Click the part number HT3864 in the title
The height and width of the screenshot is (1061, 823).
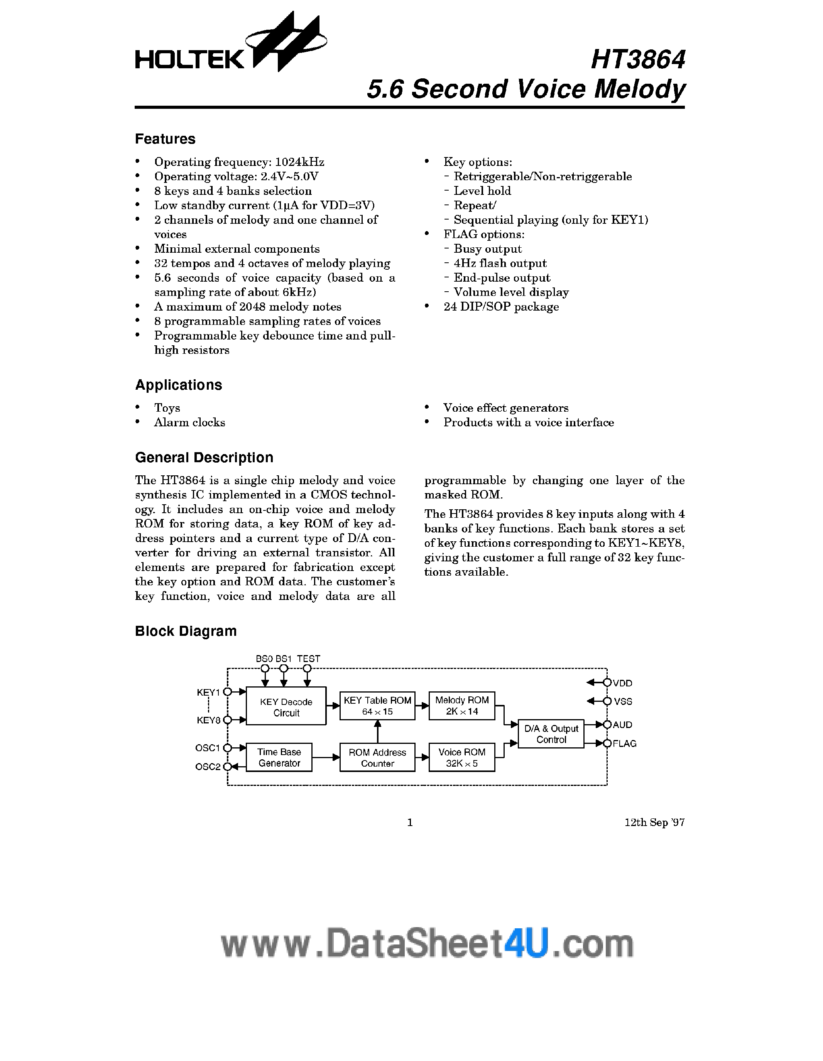click(x=637, y=60)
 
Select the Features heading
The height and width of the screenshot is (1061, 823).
click(x=165, y=139)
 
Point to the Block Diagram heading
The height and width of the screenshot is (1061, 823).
click(x=186, y=631)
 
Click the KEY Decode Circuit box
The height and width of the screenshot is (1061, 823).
click(x=286, y=707)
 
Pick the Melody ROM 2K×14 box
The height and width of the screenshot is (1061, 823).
click(x=461, y=705)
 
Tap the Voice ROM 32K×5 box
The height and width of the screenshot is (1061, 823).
click(x=461, y=757)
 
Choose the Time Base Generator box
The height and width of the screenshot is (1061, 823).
click(x=279, y=757)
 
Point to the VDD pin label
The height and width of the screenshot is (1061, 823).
click(x=622, y=683)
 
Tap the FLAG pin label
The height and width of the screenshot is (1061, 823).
click(x=624, y=743)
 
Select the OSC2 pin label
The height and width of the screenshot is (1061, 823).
click(x=208, y=767)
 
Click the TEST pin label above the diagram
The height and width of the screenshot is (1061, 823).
click(x=309, y=659)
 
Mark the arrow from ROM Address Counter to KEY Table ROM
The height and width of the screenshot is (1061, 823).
click(x=377, y=732)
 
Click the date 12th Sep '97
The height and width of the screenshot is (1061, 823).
click(x=654, y=823)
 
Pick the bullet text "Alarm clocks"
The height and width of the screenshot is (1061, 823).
click(x=189, y=422)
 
